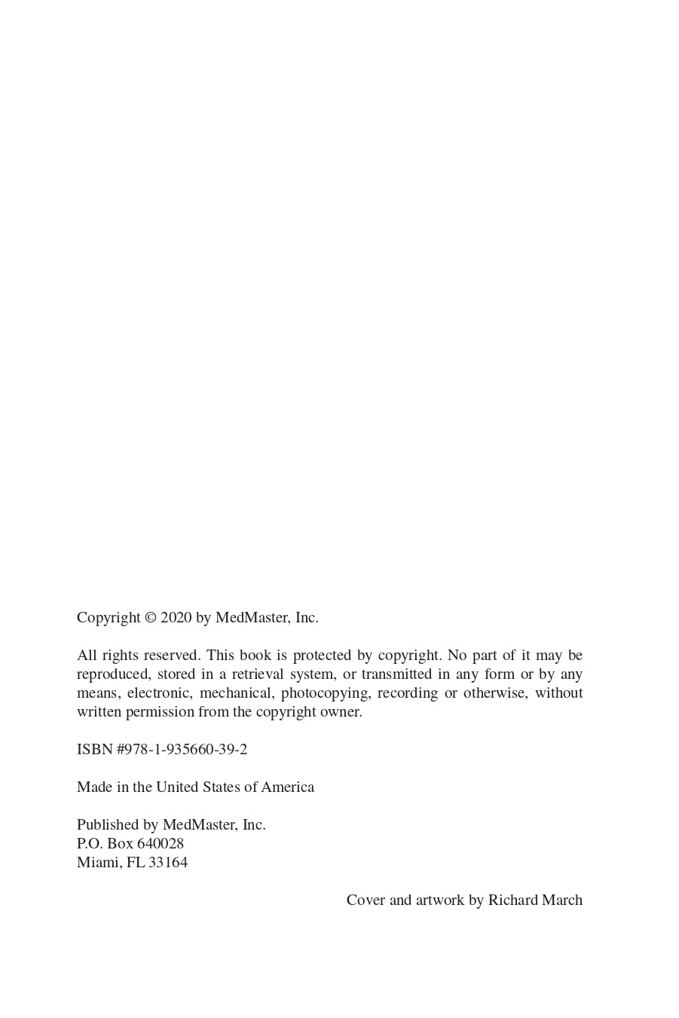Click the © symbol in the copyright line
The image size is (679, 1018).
click(151, 618)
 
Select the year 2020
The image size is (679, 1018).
click(176, 618)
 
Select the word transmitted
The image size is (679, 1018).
click(396, 674)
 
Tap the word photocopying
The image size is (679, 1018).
click(325, 693)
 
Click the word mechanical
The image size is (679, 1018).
click(236, 693)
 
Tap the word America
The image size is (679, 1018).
click(288, 787)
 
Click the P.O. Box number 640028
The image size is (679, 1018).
click(160, 844)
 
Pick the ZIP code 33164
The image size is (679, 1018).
click(168, 863)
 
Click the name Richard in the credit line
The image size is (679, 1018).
click(513, 900)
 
